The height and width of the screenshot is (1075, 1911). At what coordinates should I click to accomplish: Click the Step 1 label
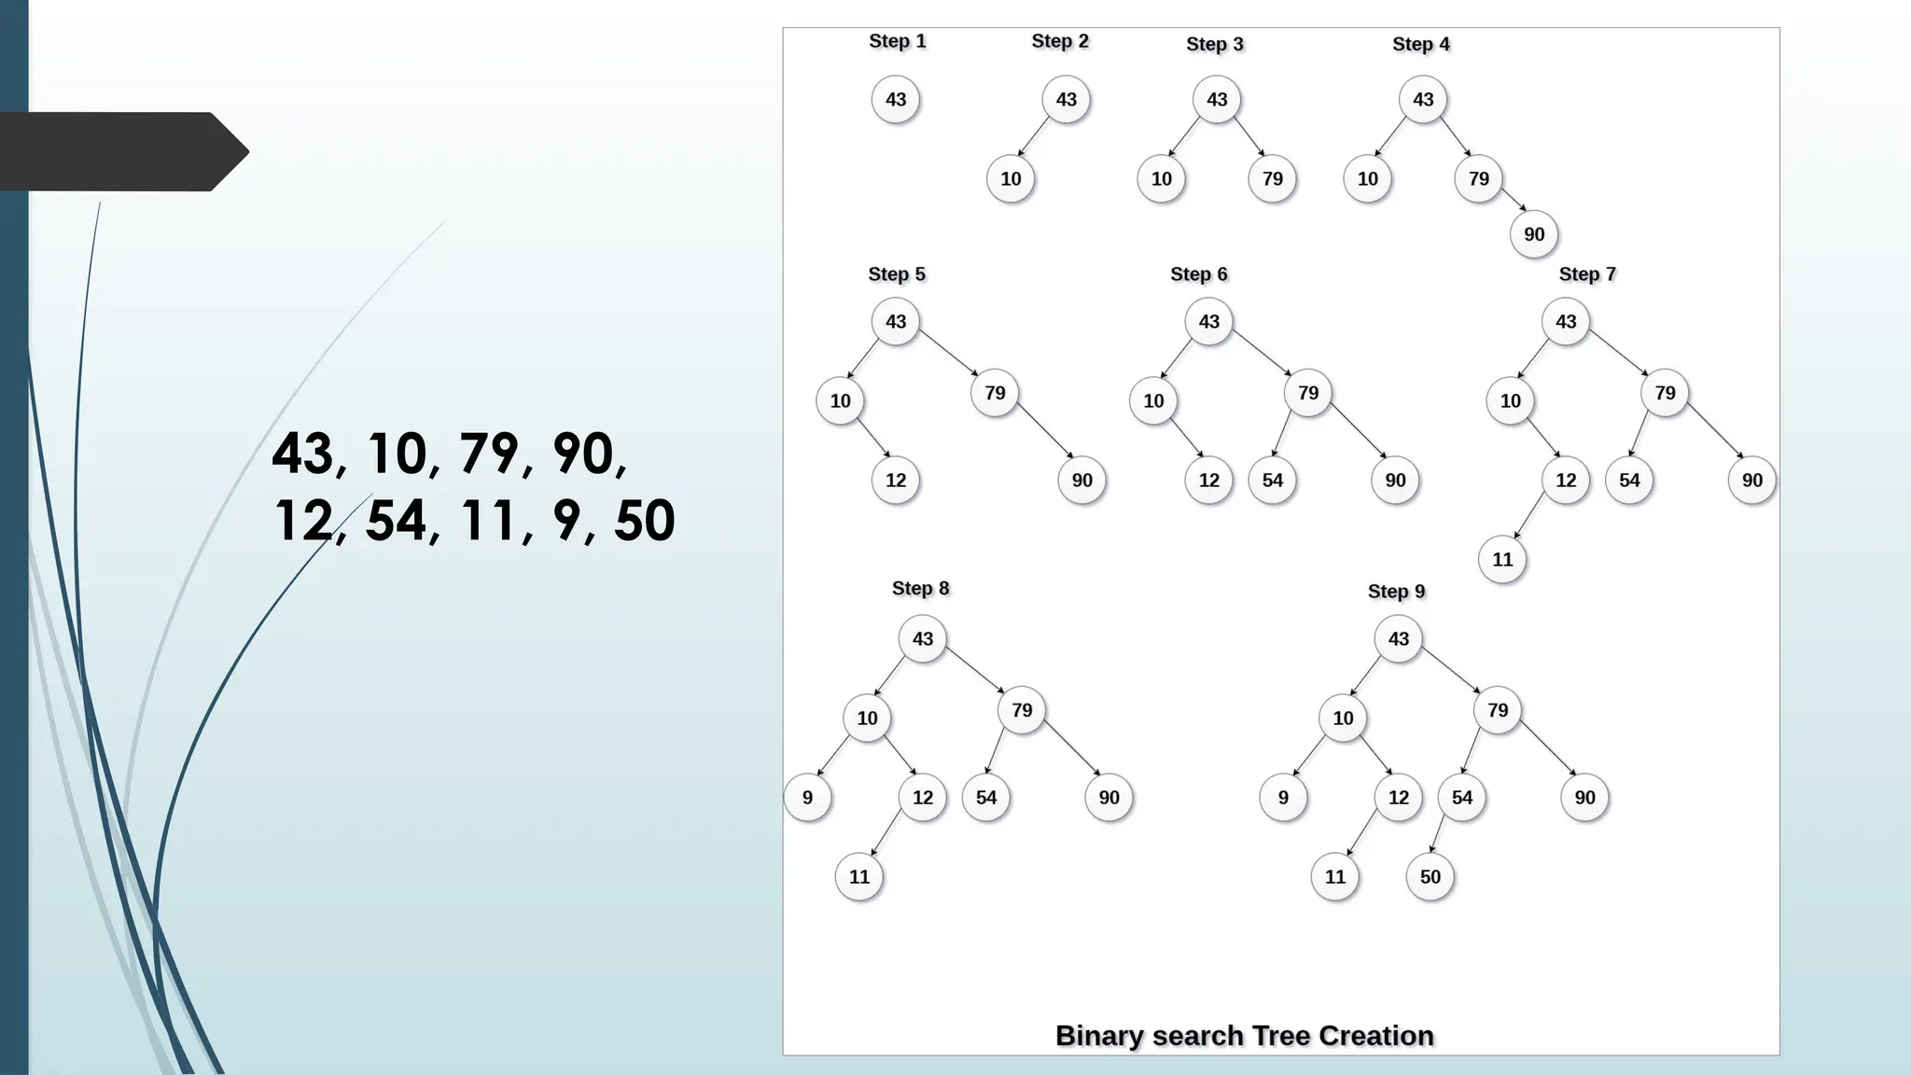click(897, 41)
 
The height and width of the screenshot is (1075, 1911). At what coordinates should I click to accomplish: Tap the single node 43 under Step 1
click(896, 100)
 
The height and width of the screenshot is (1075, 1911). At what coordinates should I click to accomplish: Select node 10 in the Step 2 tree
click(1011, 179)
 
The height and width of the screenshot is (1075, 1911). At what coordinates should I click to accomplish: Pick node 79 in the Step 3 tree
click(1273, 179)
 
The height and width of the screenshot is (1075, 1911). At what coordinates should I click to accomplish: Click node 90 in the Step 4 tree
click(1534, 235)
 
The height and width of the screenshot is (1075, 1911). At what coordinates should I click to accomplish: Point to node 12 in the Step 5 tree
click(896, 481)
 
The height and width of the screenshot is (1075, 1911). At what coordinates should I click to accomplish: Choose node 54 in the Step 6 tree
click(1273, 481)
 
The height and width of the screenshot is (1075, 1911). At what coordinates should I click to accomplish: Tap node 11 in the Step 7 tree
click(1502, 560)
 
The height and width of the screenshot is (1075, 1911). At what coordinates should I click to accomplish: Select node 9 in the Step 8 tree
click(807, 798)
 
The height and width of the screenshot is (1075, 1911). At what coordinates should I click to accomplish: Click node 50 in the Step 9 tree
click(1430, 877)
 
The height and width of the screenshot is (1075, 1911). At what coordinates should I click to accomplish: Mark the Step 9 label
click(1396, 592)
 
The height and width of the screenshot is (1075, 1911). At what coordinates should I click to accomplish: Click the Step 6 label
click(1199, 274)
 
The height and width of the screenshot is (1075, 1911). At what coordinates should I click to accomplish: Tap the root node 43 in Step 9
click(1399, 639)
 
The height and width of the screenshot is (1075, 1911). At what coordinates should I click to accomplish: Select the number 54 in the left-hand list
click(396, 521)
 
